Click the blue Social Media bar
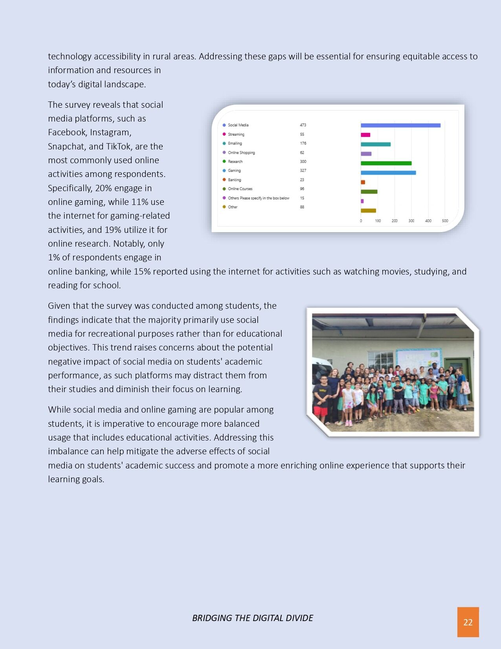400,125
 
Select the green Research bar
386,163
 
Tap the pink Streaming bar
365,135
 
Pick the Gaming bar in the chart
388,173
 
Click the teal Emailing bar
376,144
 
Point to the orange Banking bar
363,182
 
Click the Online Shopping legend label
241,153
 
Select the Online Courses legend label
240,189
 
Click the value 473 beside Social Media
303,125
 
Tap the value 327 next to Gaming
303,171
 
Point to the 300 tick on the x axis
411,221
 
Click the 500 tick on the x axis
445,221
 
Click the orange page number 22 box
468,622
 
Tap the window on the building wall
380,361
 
